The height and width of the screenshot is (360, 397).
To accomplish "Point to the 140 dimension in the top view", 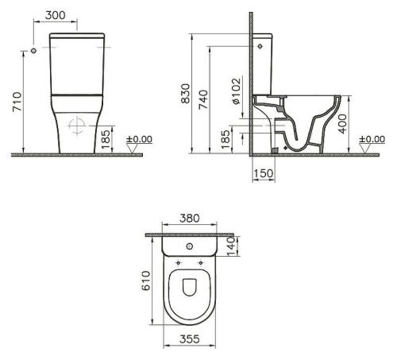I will point(232,250).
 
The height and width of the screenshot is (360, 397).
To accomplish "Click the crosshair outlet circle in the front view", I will point(77,126).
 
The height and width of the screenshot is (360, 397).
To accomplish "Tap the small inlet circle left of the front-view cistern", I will point(33,52).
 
